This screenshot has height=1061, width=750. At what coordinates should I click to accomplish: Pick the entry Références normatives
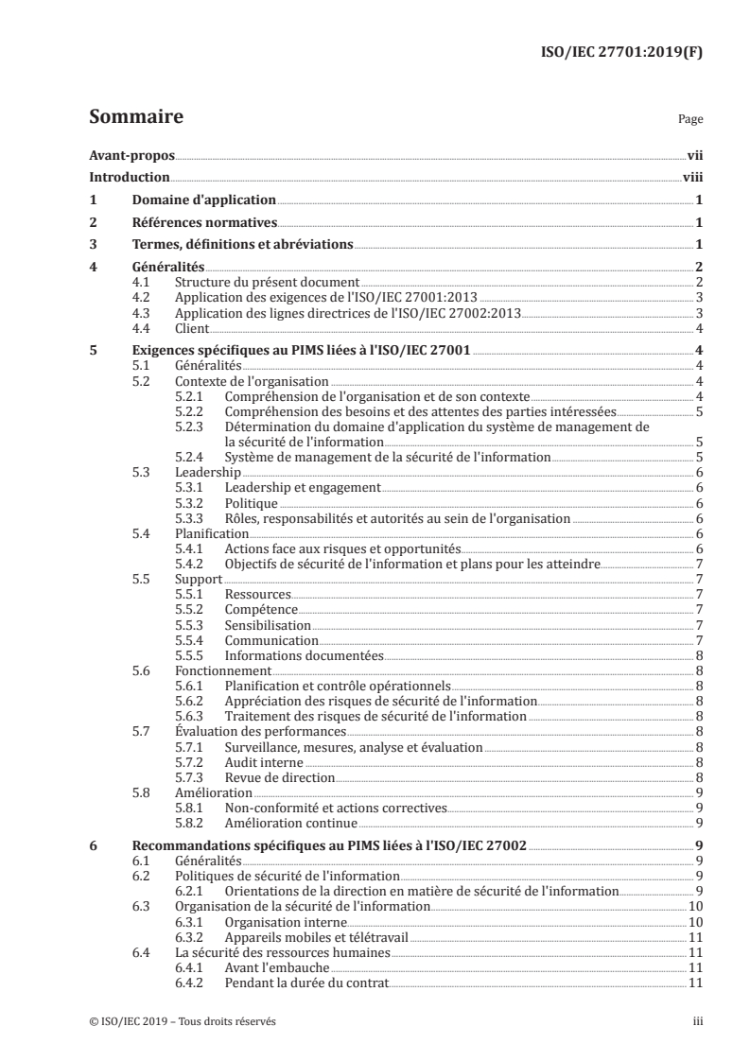pos(203,223)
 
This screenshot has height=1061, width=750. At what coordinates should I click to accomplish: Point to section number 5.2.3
pos(192,426)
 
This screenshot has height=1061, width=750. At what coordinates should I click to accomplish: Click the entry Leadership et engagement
pos(302,487)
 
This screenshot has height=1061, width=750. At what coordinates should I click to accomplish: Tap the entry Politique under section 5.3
pos(251,503)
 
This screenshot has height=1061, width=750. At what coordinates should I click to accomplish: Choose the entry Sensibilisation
pos(268,624)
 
